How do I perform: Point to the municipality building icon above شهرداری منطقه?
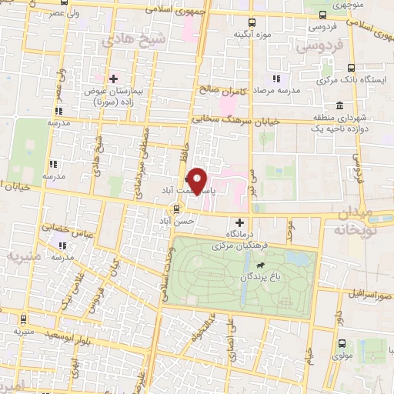339,105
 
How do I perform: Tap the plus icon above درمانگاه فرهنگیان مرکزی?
239,222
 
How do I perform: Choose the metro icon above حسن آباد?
178,208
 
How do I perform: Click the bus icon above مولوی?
342,345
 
